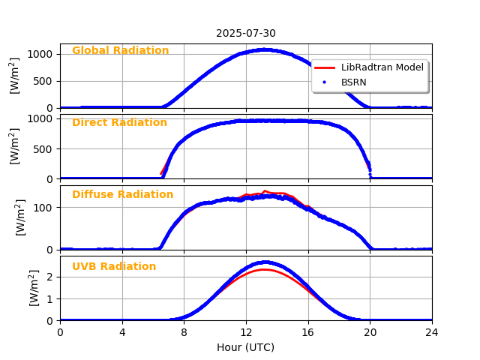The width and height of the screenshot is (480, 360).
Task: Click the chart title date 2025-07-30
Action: point(246,33)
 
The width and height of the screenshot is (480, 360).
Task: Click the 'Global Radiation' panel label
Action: point(120,51)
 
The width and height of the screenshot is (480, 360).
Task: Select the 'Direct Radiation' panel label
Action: point(119,123)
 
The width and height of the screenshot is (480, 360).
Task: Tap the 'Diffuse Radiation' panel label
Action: point(122,195)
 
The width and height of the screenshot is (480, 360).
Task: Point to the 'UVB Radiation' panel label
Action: point(114,267)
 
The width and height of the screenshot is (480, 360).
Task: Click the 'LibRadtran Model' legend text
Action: point(382,67)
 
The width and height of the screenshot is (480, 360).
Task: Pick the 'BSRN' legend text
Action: point(354,82)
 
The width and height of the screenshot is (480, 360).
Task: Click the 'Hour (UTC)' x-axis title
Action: point(246,347)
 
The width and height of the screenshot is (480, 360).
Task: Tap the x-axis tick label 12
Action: point(246,332)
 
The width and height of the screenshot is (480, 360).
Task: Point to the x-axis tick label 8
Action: point(184,332)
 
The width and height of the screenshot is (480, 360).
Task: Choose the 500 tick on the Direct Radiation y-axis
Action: point(43,148)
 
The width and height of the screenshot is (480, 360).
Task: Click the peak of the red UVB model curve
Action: point(265,269)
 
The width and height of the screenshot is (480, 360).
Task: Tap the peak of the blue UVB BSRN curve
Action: point(265,262)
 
